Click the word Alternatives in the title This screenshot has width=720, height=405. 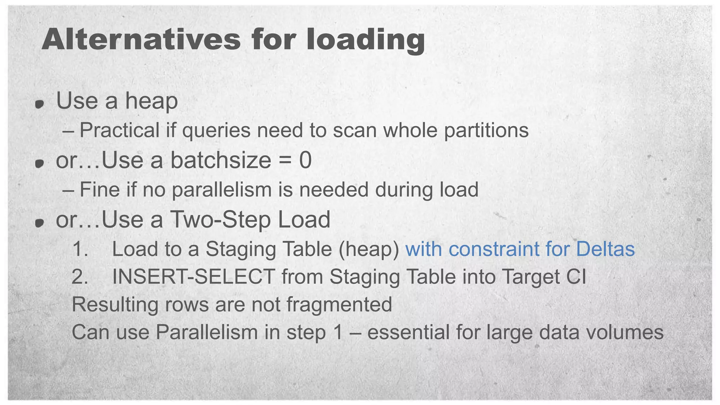coord(141,39)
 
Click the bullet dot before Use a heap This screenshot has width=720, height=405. coord(40,104)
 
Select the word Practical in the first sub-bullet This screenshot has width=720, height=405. coord(120,130)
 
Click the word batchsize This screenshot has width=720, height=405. coord(221,160)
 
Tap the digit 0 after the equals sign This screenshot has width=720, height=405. coord(305,160)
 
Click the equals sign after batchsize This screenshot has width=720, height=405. coord(285,161)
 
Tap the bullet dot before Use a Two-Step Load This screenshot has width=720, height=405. coord(40,223)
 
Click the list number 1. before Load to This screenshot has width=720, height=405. coord(80,249)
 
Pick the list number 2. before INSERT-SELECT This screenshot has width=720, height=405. coord(80,277)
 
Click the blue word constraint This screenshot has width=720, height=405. coord(494,249)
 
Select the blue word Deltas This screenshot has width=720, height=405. coord(605,249)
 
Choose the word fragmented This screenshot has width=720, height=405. coord(339,304)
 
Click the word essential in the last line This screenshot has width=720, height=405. coord(408,332)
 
